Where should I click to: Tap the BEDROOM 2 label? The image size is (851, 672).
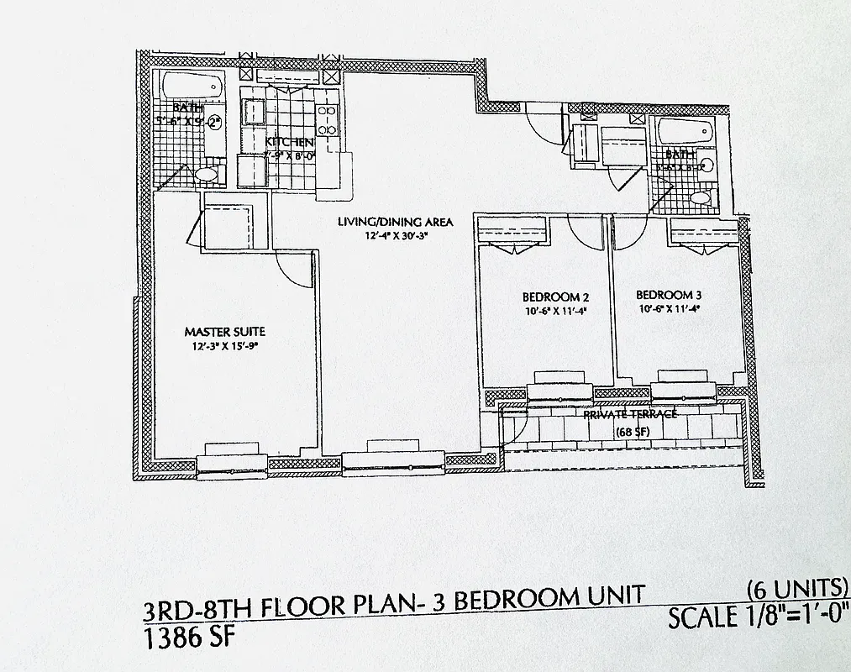coord(550,297)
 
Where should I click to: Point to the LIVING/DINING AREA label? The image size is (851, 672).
coord(395,222)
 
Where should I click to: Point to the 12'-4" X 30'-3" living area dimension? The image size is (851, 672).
coord(395,237)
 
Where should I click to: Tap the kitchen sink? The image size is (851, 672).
coord(253,111)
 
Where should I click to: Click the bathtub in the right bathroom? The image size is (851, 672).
coord(686,131)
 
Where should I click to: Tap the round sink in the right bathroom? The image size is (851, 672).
coord(706,165)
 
